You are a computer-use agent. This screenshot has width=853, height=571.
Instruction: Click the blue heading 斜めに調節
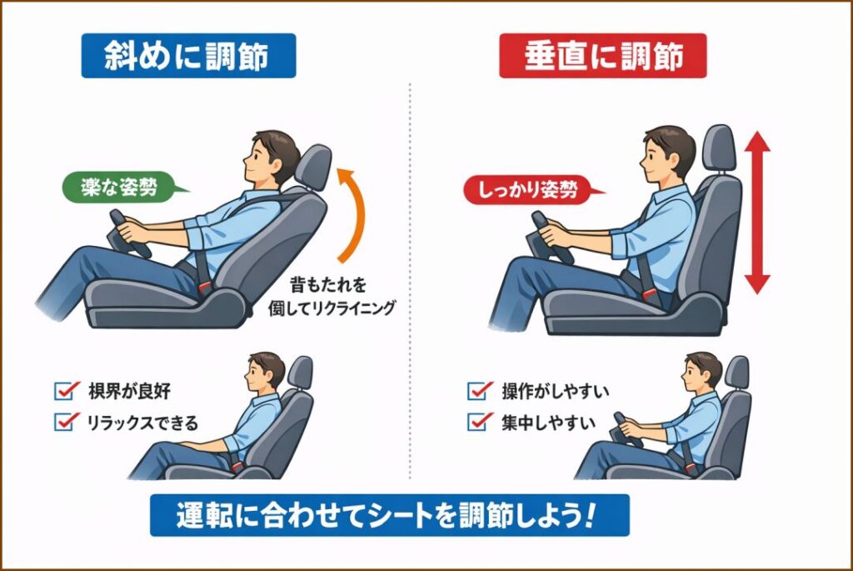(x=188, y=56)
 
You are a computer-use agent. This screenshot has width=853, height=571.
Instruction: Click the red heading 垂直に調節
(x=602, y=56)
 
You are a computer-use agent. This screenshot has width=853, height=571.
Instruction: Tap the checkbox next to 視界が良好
(x=64, y=390)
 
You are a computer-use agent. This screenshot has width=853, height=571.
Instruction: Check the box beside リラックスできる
(x=64, y=422)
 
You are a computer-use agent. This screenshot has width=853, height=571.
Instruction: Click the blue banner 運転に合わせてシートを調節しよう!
(x=390, y=515)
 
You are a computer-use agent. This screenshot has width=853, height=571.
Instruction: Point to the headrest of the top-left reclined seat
(x=312, y=168)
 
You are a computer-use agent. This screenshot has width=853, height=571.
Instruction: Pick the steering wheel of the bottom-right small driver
(x=626, y=429)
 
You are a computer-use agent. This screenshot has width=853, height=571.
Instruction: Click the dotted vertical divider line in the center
(x=410, y=275)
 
